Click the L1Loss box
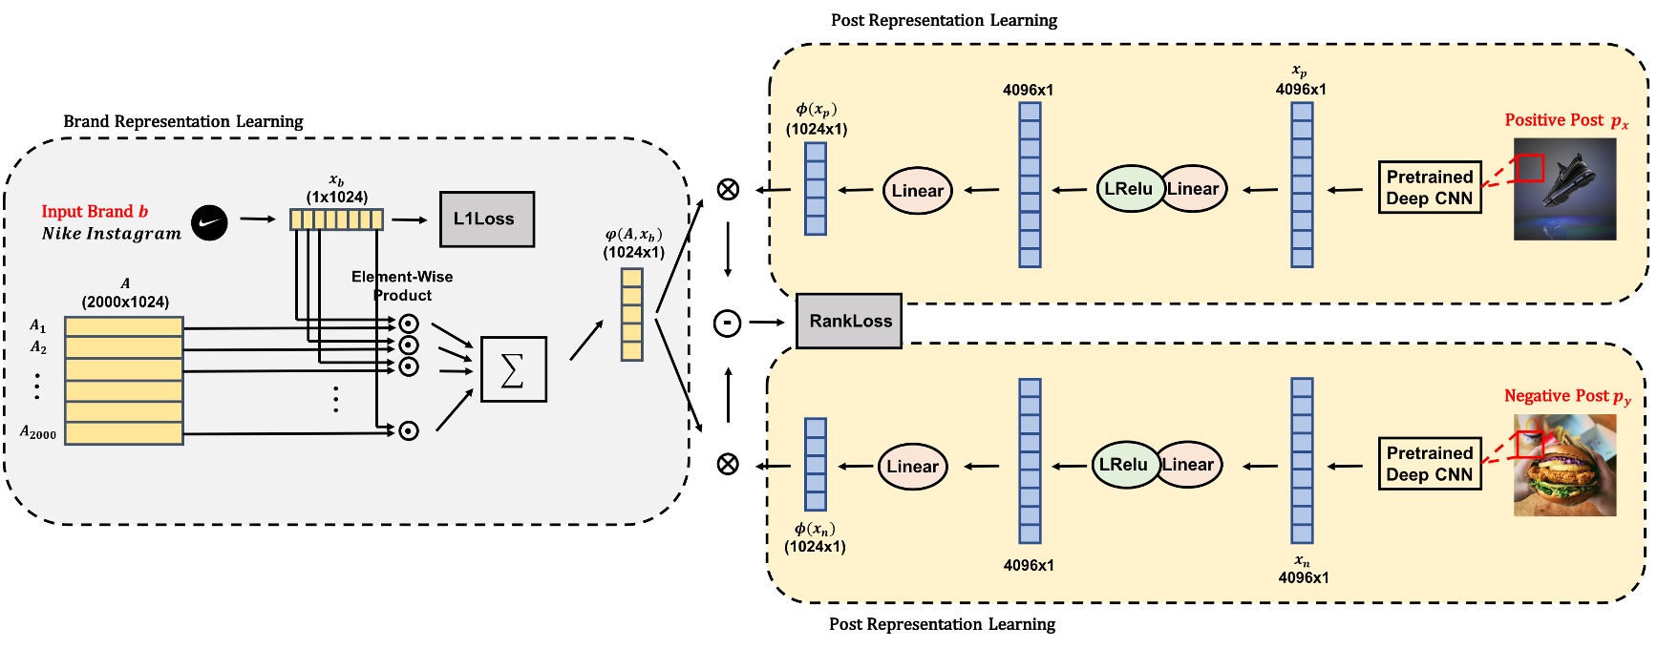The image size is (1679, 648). [486, 219]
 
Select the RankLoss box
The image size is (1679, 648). [849, 321]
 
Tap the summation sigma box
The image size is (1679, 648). [513, 369]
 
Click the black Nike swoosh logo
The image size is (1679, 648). [209, 222]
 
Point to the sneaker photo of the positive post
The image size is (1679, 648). [1565, 189]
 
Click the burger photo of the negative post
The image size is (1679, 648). [1565, 466]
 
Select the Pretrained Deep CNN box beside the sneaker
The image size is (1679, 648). [1430, 188]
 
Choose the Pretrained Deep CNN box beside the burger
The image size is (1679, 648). [1430, 464]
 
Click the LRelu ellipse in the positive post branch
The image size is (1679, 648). [1130, 189]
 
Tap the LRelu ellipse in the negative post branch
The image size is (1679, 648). [1124, 465]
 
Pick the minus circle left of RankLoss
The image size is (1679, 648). [728, 324]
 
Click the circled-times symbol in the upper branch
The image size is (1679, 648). [728, 189]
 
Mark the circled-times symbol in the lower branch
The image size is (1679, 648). [728, 465]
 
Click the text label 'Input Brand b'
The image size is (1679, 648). [95, 211]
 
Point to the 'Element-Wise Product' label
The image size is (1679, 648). [402, 285]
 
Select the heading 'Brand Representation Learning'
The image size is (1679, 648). [183, 121]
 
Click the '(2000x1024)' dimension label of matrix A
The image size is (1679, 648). [125, 302]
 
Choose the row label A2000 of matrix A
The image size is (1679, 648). [38, 432]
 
